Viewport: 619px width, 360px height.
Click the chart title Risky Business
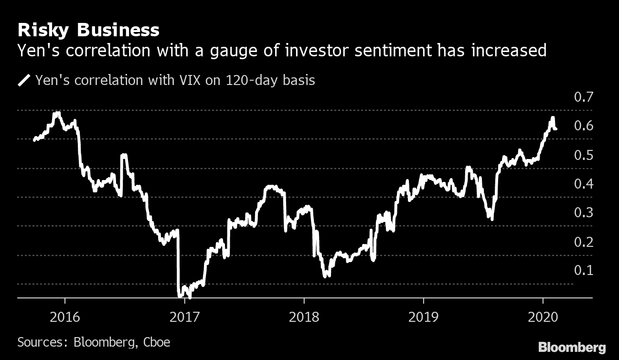coord(88,31)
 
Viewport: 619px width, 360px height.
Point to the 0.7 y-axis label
coord(583,97)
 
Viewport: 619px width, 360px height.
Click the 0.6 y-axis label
coord(583,126)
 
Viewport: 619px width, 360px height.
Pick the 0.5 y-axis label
coord(583,155)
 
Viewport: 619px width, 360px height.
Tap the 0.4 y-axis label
coord(583,184)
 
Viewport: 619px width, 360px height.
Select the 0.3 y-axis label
coord(583,213)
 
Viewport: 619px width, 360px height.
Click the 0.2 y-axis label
coord(583,242)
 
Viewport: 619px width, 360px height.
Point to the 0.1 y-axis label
coord(583,271)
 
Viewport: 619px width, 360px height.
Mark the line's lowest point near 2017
coord(190,297)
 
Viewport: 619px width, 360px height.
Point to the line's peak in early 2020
coord(553,118)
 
